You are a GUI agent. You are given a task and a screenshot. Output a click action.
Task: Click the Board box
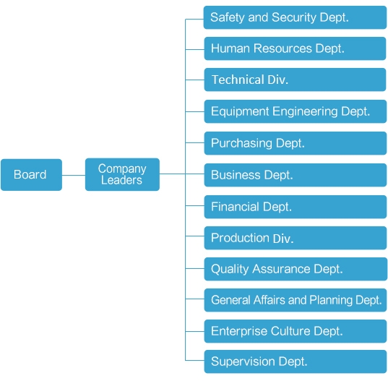point(31,175)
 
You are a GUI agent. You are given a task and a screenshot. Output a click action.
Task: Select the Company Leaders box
point(122,174)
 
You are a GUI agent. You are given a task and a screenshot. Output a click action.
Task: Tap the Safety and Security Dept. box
point(295,17)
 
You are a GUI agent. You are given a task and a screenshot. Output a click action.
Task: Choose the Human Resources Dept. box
point(295,48)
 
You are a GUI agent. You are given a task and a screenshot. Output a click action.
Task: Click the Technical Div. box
point(295,80)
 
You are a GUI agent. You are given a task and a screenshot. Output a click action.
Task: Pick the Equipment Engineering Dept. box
point(296,111)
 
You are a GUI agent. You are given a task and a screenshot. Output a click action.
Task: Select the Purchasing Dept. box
point(296,143)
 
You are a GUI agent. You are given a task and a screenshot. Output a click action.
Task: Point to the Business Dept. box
point(296,175)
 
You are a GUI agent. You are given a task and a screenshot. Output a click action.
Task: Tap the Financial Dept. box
point(296,207)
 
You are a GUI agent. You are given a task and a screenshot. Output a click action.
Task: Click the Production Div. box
point(296,238)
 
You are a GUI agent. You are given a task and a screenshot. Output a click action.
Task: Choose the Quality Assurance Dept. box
point(296,269)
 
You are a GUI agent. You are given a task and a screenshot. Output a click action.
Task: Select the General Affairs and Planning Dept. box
point(296,300)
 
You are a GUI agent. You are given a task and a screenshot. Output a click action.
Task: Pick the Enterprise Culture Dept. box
point(296,331)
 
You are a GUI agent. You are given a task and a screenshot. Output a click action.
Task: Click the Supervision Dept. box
point(296,361)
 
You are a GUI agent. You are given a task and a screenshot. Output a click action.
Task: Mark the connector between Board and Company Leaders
point(74,175)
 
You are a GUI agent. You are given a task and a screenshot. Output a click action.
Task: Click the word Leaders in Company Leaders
point(121,180)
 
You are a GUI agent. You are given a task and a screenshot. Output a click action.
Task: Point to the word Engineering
point(305,111)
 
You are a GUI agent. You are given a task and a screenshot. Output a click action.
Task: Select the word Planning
point(331,300)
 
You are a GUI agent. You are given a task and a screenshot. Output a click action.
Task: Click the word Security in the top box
point(294,17)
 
